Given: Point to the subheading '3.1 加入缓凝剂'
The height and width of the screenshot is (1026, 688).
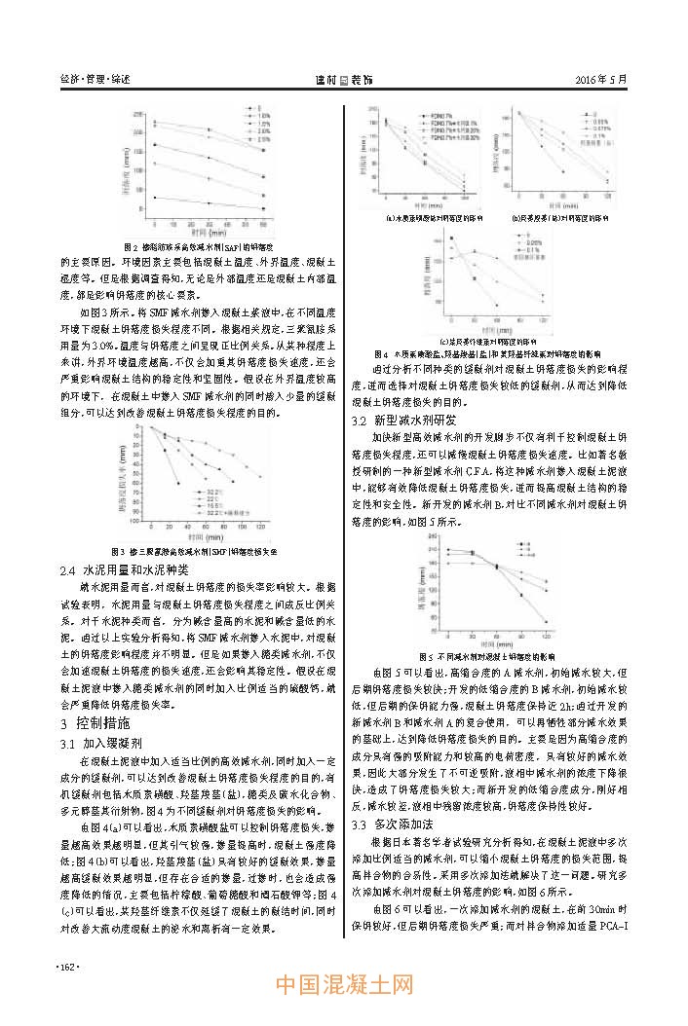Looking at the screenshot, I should (x=108, y=743).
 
